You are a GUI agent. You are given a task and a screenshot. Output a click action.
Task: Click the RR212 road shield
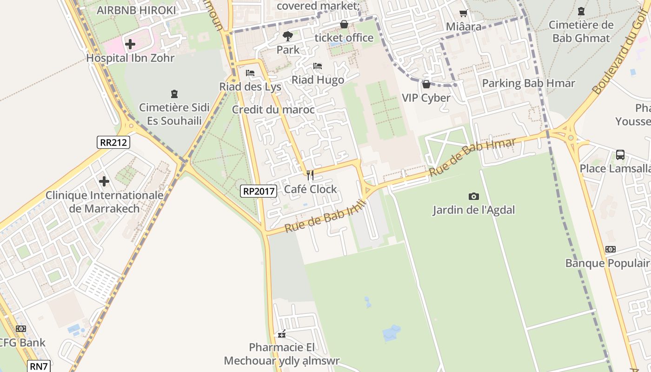point(113,142)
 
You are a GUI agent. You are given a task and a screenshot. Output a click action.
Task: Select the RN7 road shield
point(39,366)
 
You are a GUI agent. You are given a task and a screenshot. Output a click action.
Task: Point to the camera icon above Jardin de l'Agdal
point(474,196)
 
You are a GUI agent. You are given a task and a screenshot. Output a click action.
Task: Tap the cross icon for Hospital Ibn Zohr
point(130,44)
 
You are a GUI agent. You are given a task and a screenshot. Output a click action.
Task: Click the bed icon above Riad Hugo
point(318,66)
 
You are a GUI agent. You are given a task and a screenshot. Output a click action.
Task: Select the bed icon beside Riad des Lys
point(250,73)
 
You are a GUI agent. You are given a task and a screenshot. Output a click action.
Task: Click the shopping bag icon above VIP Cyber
point(426,84)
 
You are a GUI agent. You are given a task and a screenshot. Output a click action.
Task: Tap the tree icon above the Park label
point(288,36)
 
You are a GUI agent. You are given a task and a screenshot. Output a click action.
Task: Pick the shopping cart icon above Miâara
point(463,13)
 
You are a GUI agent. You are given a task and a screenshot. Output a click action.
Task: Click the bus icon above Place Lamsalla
point(620,155)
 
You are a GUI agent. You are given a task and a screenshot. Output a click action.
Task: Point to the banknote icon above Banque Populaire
point(611,249)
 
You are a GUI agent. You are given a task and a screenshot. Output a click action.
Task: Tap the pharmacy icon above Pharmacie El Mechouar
point(282,334)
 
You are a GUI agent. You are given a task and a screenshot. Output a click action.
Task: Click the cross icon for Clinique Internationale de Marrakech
point(104,181)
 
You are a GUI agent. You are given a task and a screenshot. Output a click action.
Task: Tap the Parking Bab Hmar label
point(529,83)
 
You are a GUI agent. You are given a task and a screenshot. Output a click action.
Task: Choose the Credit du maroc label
point(273,110)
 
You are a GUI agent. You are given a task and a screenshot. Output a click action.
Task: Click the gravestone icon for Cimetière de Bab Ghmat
point(581,12)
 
